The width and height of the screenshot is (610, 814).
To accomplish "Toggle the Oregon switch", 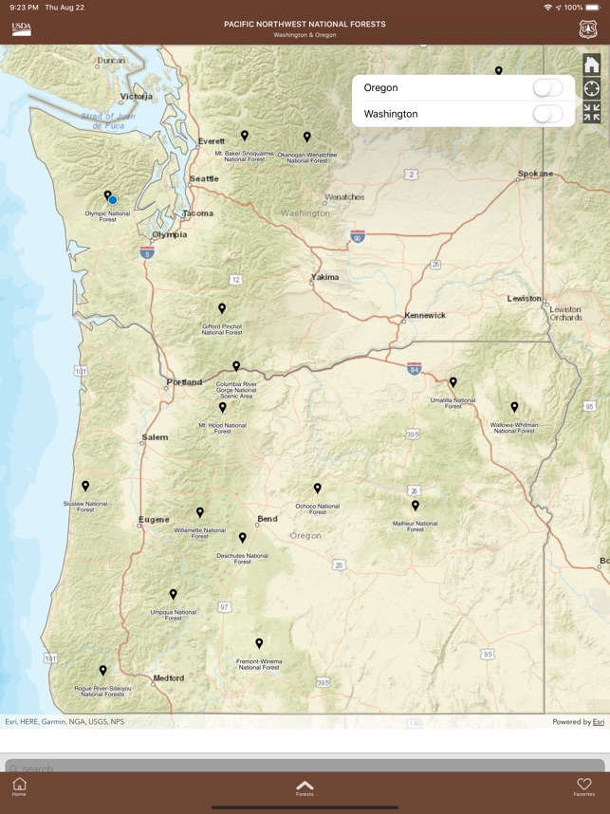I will click(547, 88).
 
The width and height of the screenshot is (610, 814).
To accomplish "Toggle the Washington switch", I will click(547, 114).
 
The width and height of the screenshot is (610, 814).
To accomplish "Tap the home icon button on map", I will click(591, 65).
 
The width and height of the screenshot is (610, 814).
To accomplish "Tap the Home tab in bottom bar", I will click(19, 786).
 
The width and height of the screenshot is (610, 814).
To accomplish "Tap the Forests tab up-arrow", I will click(305, 786).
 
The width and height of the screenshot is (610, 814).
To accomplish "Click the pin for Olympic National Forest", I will click(107, 195).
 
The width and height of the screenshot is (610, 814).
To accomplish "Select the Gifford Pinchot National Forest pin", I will click(222, 308).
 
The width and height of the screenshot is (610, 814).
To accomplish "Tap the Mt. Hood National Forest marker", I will click(223, 407).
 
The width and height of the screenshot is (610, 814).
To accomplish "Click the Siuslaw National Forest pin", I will click(85, 486).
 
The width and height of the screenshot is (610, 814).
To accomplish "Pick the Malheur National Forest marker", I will click(416, 506).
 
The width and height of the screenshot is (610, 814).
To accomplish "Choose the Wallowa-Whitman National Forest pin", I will click(514, 407).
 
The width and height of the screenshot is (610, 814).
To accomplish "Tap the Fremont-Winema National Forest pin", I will click(259, 643).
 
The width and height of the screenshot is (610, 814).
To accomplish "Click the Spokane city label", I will click(535, 174).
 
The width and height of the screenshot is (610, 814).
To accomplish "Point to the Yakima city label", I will click(324, 278).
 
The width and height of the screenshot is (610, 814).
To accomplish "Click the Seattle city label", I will click(203, 178).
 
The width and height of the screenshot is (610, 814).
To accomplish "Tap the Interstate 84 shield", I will click(414, 367).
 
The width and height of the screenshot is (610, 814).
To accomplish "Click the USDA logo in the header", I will click(21, 28).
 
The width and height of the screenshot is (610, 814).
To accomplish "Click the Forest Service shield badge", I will click(588, 29).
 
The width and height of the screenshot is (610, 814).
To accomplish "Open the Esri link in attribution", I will click(598, 722).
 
